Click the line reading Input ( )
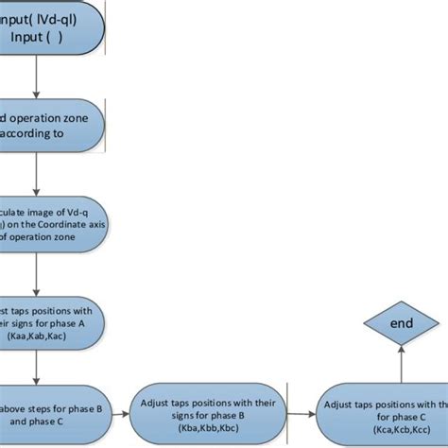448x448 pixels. tap(36, 37)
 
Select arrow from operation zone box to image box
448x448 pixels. tap(36, 176)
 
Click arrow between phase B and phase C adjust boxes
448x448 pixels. tap(299, 411)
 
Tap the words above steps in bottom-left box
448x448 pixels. tap(28, 408)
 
